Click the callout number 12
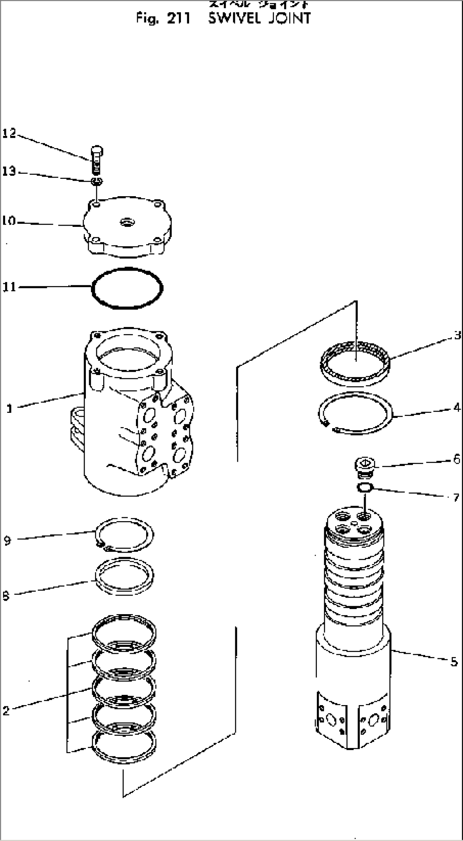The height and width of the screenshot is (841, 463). pyautogui.click(x=9, y=133)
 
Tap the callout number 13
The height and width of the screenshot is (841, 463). pyautogui.click(x=9, y=171)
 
